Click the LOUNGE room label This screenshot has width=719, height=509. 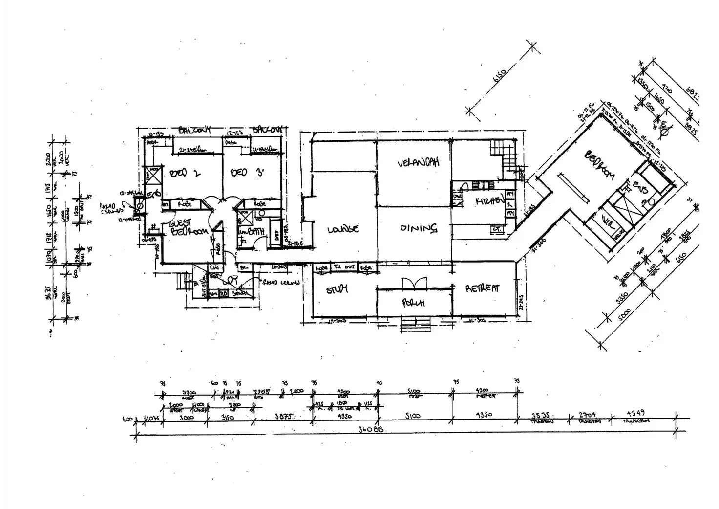pyautogui.click(x=342, y=229)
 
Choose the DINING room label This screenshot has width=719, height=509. pyautogui.click(x=418, y=228)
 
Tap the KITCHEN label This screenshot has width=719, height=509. pyautogui.click(x=490, y=200)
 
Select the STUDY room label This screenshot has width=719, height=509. pyautogui.click(x=337, y=289)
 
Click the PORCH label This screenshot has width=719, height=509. pyautogui.click(x=413, y=303)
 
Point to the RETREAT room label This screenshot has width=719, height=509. pyautogui.click(x=483, y=288)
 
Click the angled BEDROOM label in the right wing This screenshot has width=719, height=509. pyautogui.click(x=599, y=165)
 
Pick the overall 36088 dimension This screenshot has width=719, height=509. pyautogui.click(x=371, y=429)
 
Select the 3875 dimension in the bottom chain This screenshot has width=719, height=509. pyautogui.click(x=284, y=417)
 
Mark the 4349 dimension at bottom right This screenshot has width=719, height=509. pyautogui.click(x=635, y=414)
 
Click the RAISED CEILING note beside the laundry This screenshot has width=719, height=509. pyautogui.click(x=281, y=282)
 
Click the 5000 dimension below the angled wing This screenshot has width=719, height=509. pyautogui.click(x=624, y=317)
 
